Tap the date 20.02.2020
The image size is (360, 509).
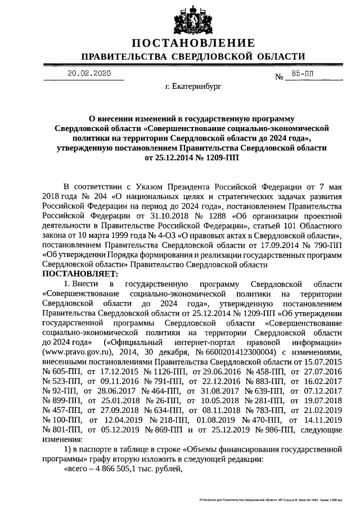tap(89, 74)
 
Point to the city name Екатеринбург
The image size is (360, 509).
tap(193, 88)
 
